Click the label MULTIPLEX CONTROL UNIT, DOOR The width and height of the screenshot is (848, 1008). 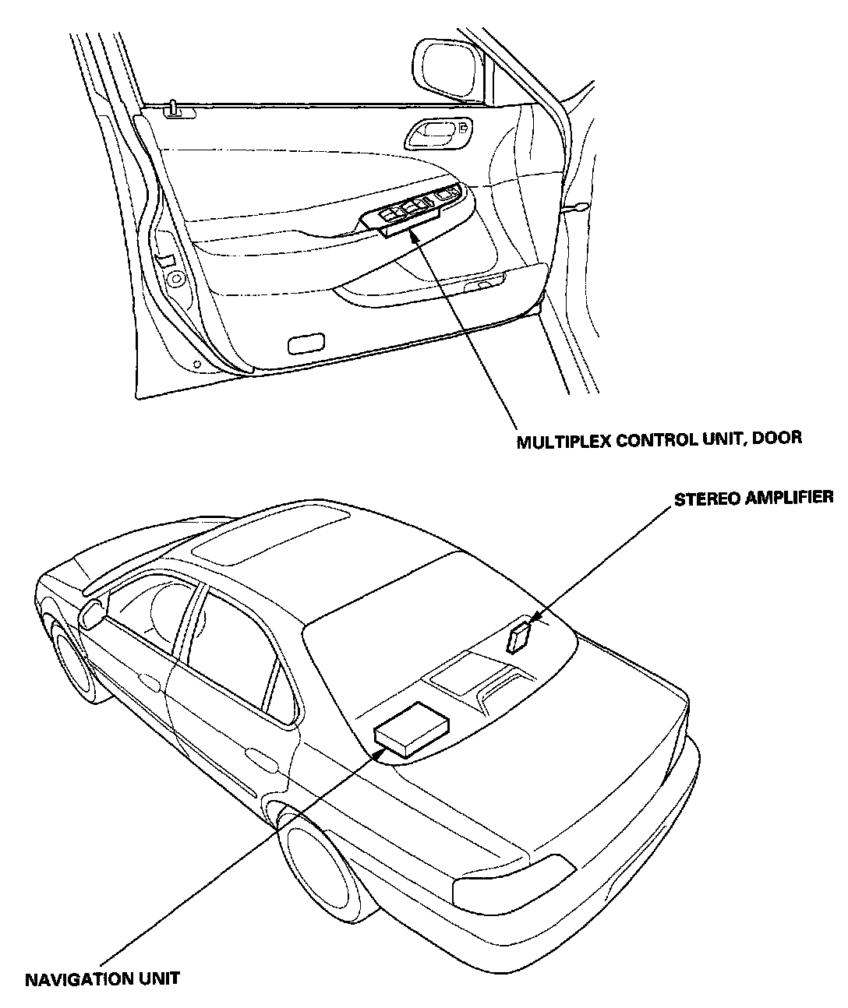pos(659,438)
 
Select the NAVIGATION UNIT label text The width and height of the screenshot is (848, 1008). pos(102,978)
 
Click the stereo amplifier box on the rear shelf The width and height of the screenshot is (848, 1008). pos(519,635)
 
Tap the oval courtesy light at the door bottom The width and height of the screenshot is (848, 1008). pos(306,343)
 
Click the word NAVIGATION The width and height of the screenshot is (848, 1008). pos(75,978)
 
